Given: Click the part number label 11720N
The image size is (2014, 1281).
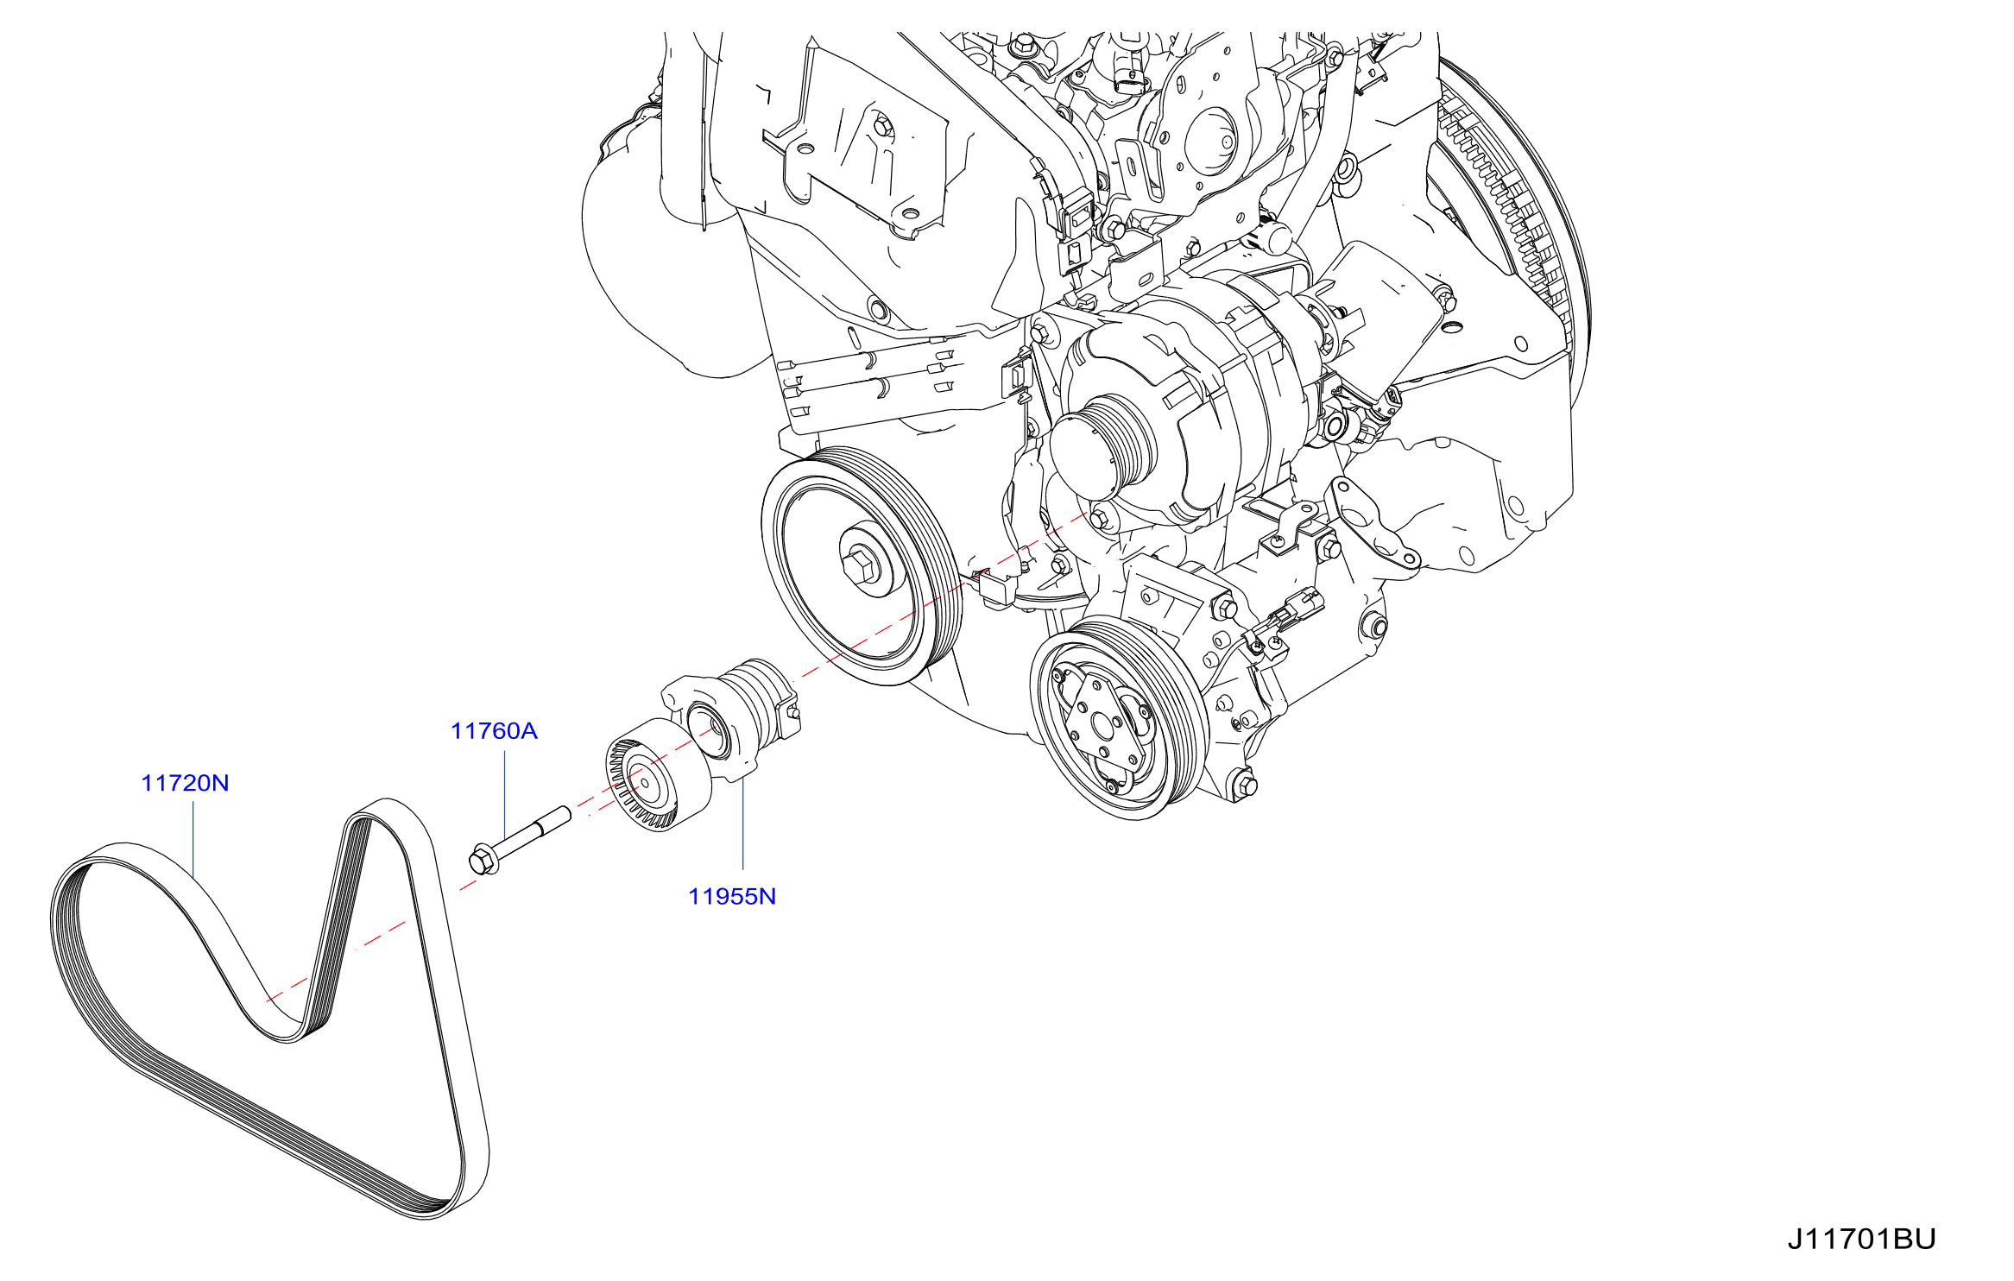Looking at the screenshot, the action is [x=185, y=783].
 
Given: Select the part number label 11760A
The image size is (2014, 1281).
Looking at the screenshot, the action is [x=494, y=731].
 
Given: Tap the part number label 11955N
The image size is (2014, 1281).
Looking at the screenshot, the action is [x=732, y=896].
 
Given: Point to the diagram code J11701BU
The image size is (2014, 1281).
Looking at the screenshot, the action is [x=1861, y=1239].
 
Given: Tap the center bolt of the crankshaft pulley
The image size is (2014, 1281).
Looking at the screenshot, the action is [x=861, y=565].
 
